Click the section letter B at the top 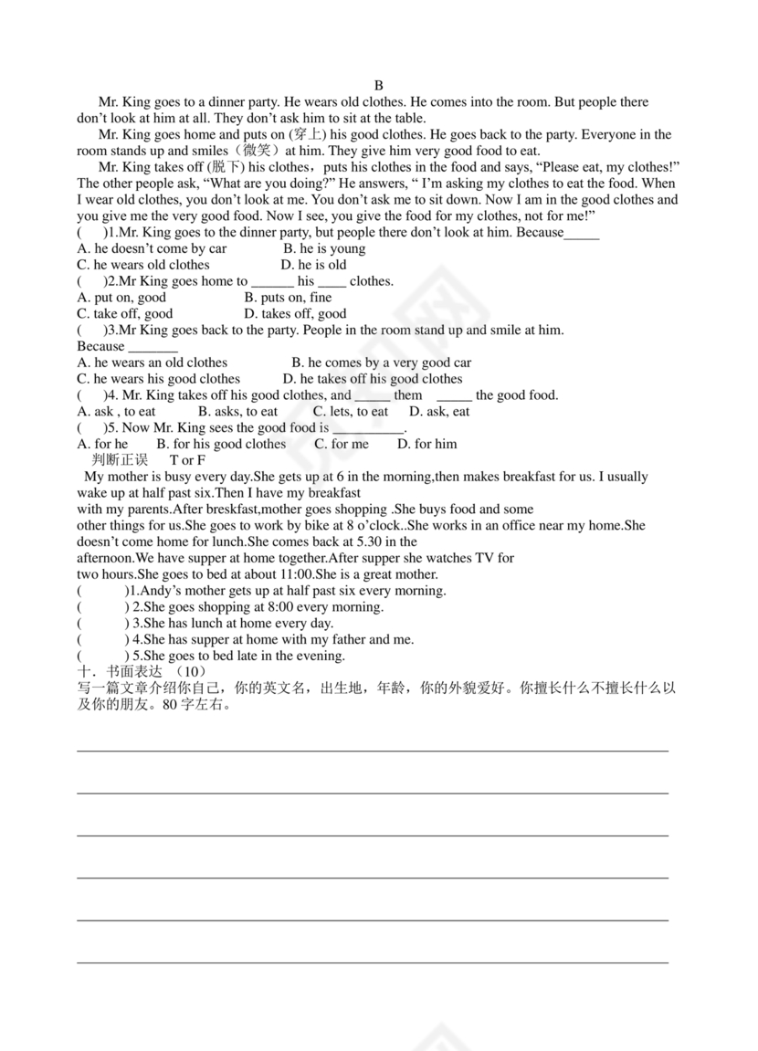379,86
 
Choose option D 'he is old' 313,265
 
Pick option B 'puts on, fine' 288,298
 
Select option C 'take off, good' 125,314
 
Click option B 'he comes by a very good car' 381,363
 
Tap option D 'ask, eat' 439,412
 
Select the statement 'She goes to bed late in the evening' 238,656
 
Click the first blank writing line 372,751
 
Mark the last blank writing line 372,962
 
